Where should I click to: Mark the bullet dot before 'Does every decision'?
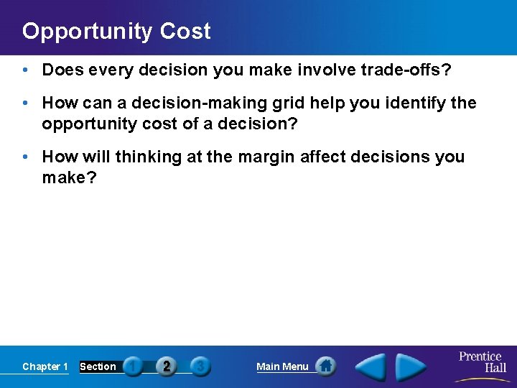click(x=26, y=70)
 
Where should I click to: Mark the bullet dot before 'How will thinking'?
click(x=26, y=157)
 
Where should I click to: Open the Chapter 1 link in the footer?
click(x=45, y=366)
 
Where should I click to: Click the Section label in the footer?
click(x=98, y=366)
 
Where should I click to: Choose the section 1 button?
click(x=133, y=366)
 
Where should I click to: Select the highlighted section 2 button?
click(x=167, y=366)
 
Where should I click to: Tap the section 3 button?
click(x=200, y=366)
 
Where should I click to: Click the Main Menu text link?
click(x=282, y=366)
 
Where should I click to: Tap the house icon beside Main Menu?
click(x=325, y=366)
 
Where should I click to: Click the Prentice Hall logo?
click(x=482, y=362)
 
